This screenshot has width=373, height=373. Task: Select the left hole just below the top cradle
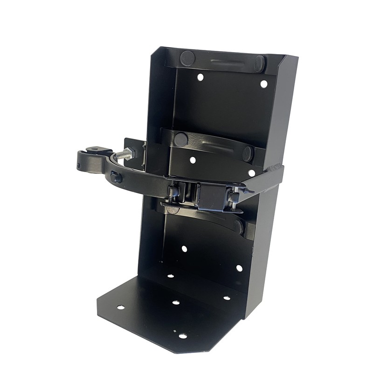200,77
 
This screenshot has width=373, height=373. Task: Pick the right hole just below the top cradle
263,84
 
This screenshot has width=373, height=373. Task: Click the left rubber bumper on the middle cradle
181,138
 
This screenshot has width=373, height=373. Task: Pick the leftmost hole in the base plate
120,307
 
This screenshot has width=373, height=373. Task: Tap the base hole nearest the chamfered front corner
183,336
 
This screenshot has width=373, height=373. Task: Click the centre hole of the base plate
176,303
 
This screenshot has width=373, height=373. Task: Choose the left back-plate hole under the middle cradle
193,160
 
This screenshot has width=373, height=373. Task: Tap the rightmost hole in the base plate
227,298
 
